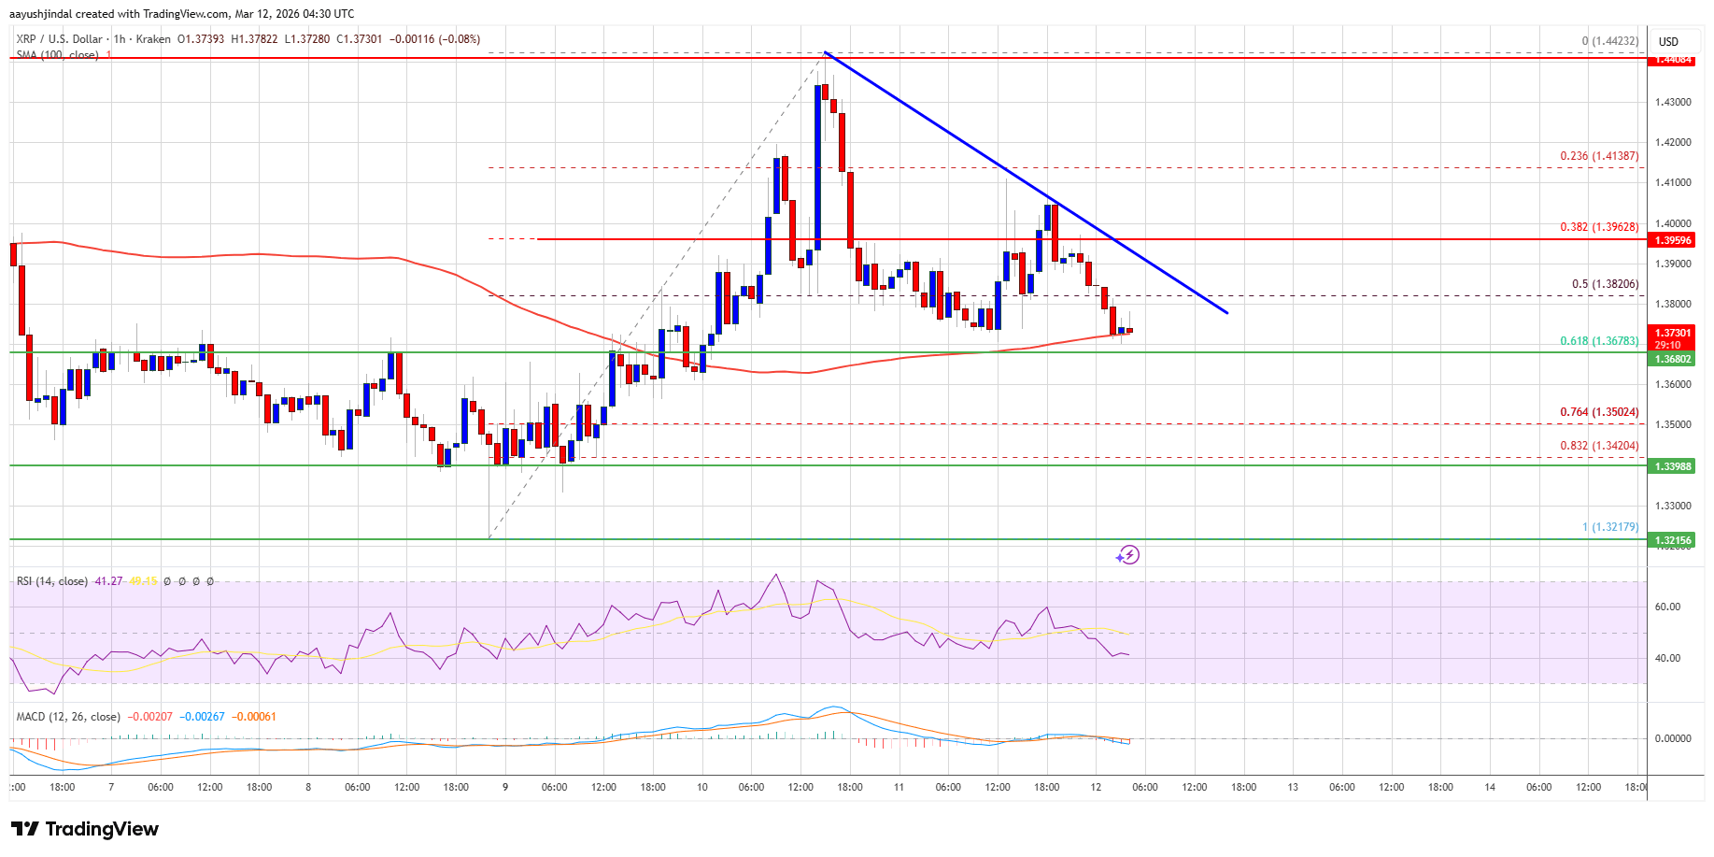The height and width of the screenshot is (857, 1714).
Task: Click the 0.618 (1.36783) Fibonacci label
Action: point(1599,341)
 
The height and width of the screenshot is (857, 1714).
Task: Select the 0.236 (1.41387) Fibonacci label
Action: point(1599,156)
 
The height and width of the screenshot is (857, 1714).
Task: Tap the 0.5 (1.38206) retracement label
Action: point(1605,284)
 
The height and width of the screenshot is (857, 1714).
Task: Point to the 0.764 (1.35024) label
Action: point(1599,412)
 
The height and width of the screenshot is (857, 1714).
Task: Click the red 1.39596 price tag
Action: point(1673,240)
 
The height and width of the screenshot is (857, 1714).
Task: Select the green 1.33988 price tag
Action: point(1673,466)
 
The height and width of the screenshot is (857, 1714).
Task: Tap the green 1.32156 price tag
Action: point(1673,540)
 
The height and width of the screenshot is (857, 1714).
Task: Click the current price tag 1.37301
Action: point(1673,333)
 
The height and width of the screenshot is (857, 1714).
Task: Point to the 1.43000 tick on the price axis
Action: point(1673,102)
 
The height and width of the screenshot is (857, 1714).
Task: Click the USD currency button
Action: point(1668,41)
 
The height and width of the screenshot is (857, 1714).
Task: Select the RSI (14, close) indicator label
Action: point(52,581)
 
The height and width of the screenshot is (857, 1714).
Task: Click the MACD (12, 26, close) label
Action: point(68,717)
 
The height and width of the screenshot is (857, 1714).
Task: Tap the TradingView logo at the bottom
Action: point(85,829)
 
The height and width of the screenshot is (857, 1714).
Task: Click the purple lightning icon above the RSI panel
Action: point(1127,555)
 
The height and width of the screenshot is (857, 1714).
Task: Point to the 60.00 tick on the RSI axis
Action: point(1667,607)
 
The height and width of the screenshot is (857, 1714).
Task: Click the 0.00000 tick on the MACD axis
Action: point(1672,738)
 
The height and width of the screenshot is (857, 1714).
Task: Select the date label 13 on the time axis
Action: point(1293,787)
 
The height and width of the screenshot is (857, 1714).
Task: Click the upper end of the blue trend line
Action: point(825,54)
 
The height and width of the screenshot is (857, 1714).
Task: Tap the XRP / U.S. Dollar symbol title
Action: point(60,39)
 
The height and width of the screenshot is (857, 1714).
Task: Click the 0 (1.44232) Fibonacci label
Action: point(1609,41)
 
